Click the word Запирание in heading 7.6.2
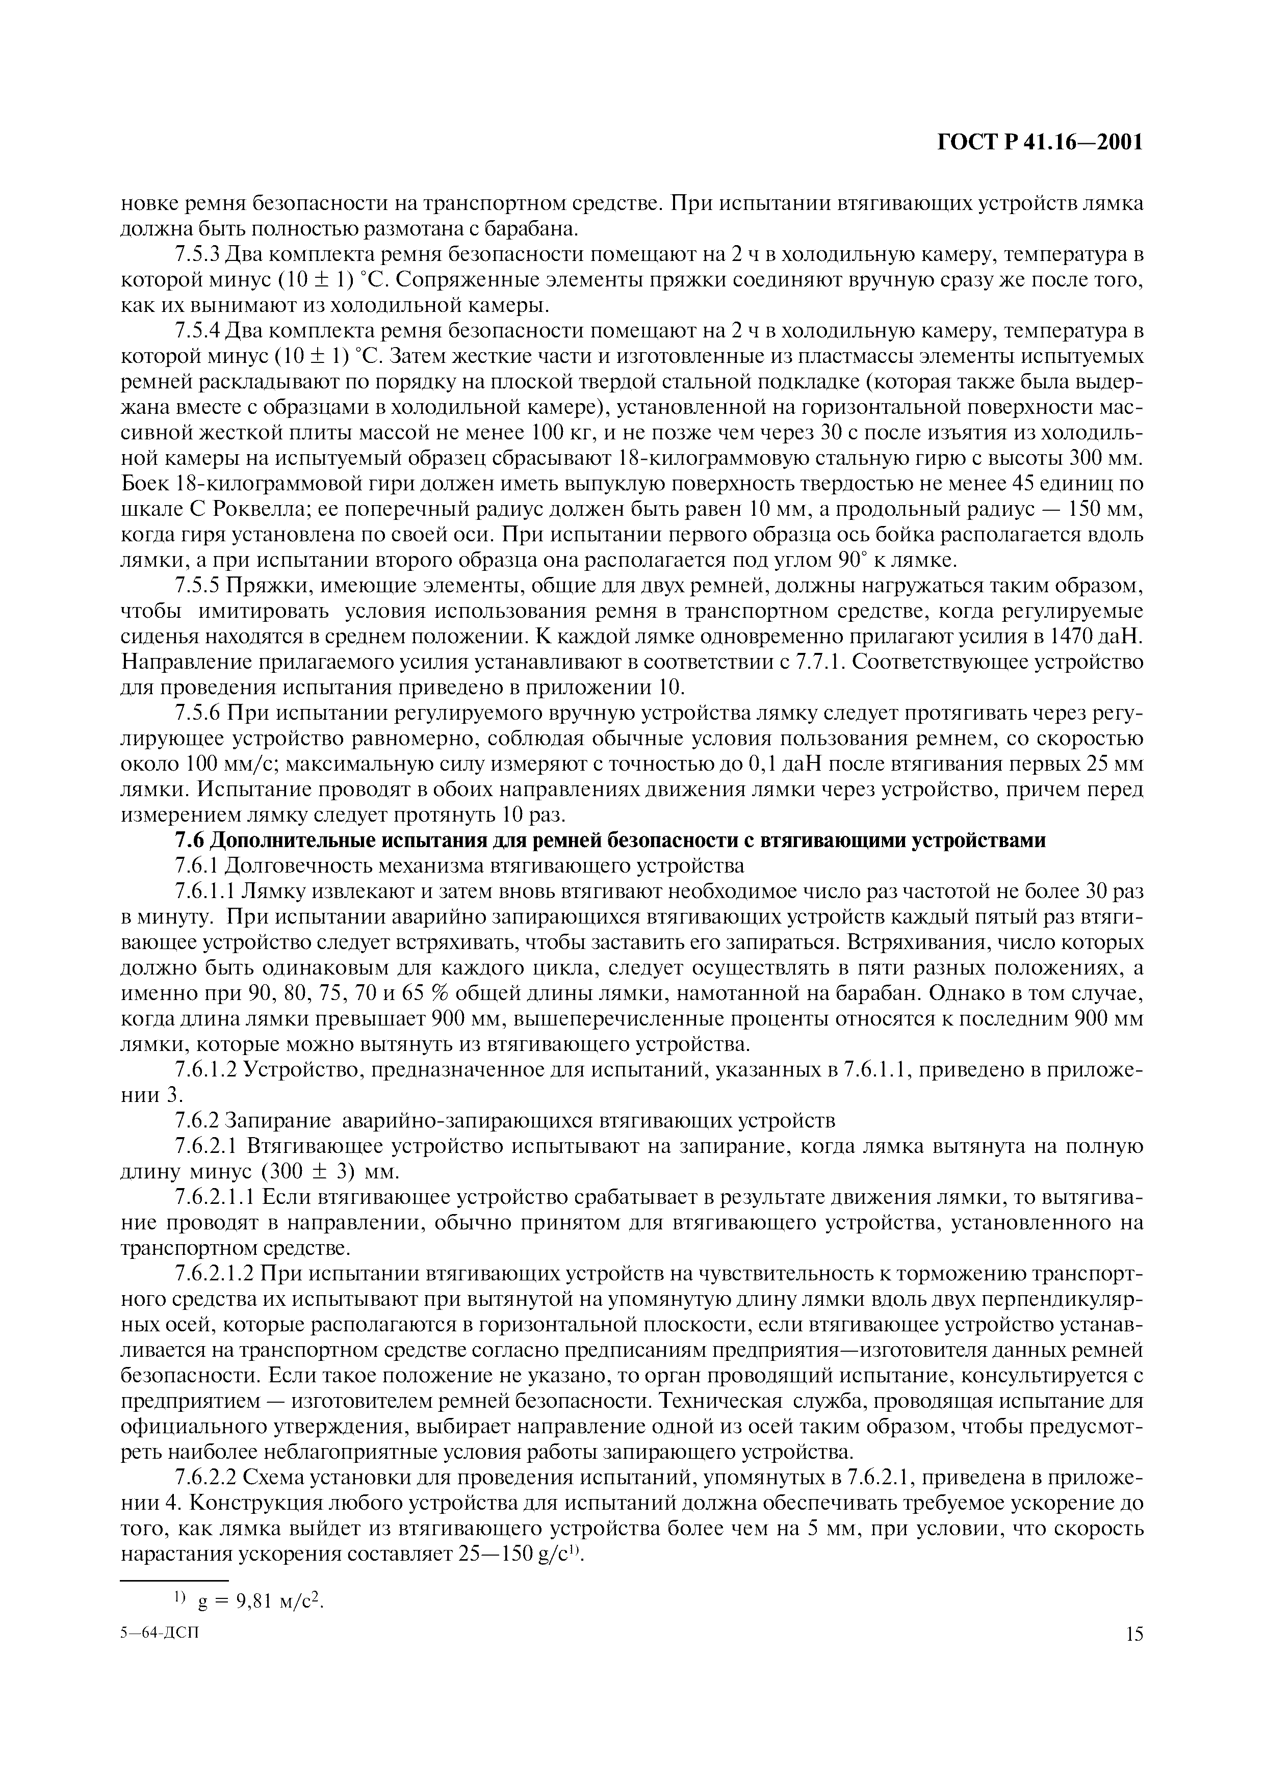pyautogui.click(x=272, y=1121)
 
